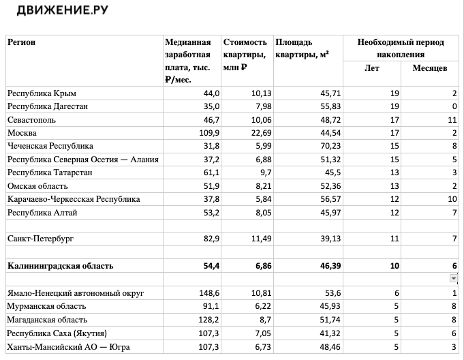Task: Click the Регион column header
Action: tap(21, 43)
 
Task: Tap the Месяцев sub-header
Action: tap(430, 67)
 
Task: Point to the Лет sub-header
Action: tap(372, 67)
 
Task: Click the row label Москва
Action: tap(22, 133)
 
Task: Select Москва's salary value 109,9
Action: tap(208, 133)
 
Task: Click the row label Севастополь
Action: tap(31, 119)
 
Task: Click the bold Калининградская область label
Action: tap(60, 266)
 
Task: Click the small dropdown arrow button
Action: tap(453, 278)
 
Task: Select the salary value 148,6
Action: tap(208, 293)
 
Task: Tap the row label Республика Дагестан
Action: tap(47, 106)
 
